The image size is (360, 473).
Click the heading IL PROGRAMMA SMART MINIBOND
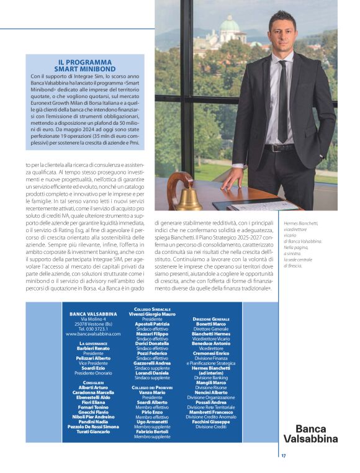tap(84, 65)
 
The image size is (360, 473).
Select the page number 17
tap(283, 456)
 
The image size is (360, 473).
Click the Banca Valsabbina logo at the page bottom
tap(316, 433)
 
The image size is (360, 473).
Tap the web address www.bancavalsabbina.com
tap(93, 333)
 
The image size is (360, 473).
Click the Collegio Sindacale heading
tap(152, 309)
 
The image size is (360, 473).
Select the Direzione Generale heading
tap(211, 318)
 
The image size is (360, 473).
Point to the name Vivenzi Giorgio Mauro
tap(152, 314)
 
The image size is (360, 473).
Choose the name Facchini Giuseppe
tap(211, 423)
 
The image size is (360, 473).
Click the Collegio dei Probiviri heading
tap(152, 387)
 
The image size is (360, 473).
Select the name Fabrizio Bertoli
tap(152, 431)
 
